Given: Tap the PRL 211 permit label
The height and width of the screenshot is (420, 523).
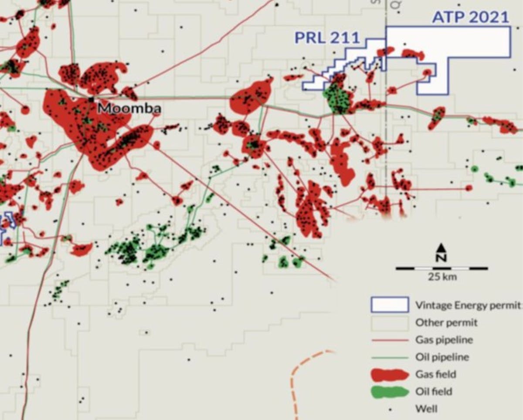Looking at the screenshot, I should (327, 38).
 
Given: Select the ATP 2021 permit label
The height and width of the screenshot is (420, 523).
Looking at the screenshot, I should (470, 17).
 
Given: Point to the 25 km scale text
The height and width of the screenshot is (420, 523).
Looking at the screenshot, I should (442, 277).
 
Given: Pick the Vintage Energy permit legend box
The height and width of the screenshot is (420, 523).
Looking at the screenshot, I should (389, 305).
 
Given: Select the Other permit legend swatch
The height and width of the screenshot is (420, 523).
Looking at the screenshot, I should (389, 323).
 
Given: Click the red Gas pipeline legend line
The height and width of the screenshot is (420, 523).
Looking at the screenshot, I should (389, 340).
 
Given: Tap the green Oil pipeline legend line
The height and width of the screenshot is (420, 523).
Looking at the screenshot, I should (389, 357).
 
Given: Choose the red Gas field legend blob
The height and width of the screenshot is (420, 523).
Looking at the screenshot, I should (389, 374).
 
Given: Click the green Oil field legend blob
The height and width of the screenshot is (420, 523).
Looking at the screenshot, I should (389, 392).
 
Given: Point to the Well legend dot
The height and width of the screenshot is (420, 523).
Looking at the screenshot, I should (390, 409).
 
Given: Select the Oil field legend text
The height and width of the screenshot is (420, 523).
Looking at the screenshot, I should (434, 392).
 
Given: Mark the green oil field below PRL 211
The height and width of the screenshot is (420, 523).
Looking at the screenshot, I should (337, 98).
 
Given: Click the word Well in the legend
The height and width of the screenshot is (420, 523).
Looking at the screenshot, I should (426, 409).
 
